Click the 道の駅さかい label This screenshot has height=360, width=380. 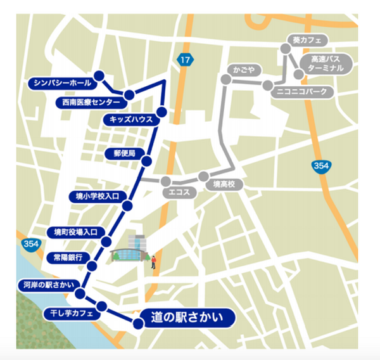(189, 317)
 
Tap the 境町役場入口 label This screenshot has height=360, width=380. (75, 232)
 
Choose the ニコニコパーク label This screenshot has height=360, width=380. (303, 92)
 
